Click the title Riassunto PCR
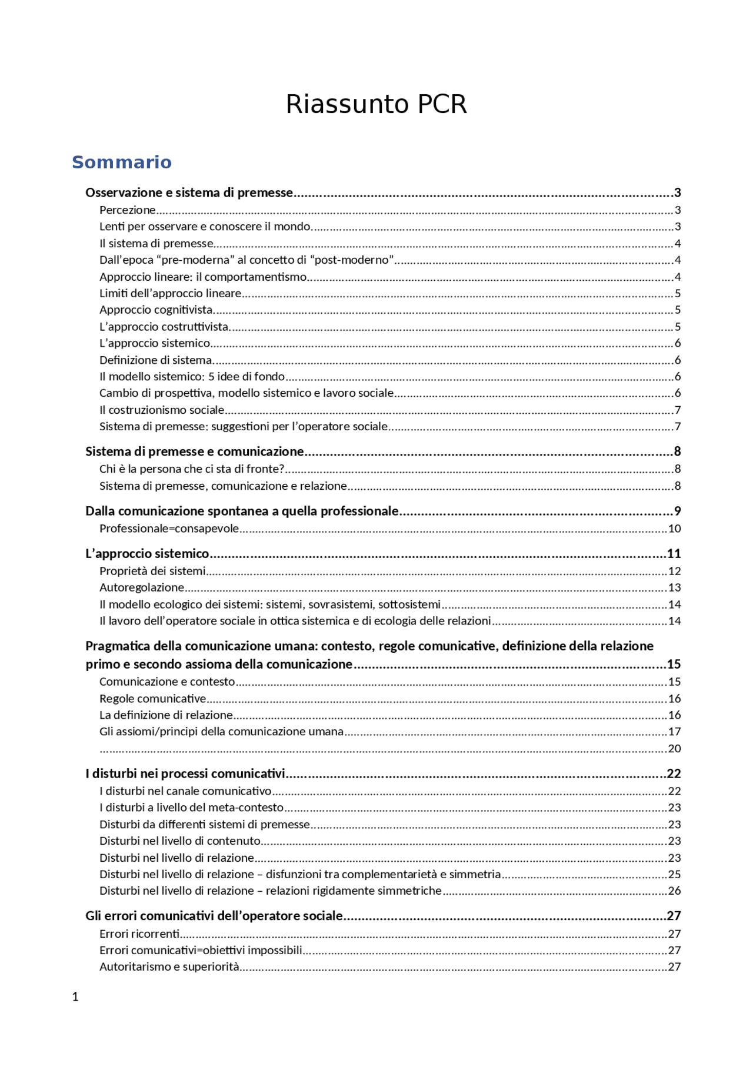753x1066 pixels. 376,104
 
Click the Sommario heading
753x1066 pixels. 122,162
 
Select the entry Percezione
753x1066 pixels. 128,210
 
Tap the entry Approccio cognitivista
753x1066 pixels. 156,310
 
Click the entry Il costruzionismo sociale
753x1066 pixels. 162,410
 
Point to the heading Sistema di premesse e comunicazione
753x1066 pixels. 195,451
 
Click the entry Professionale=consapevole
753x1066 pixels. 169,529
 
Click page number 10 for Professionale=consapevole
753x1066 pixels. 674,529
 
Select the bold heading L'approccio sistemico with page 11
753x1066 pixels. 147,553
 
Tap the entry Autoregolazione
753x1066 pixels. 142,587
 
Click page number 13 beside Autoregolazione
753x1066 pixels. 674,587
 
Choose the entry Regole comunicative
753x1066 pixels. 153,699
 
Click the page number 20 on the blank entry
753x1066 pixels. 674,749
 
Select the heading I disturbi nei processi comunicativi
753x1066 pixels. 185,773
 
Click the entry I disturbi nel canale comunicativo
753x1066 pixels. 185,791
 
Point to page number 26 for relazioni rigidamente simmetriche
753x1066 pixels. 674,891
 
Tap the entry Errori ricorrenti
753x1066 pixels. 139,934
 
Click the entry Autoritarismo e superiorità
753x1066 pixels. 169,967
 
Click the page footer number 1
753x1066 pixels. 75,997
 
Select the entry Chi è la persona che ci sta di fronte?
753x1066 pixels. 192,469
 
